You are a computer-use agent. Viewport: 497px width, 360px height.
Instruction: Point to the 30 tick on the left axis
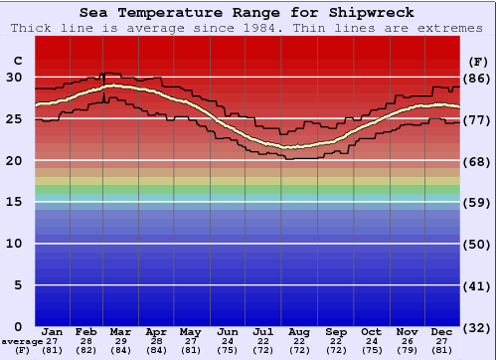pyautogui.click(x=14, y=77)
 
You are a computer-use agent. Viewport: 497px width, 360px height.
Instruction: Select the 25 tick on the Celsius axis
pyautogui.click(x=14, y=118)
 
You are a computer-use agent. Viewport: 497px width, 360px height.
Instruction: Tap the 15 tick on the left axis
pyautogui.click(x=14, y=202)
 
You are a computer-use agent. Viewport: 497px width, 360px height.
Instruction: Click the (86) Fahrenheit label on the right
pyautogui.click(x=476, y=78)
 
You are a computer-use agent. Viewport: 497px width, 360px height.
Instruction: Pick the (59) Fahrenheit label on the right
pyautogui.click(x=476, y=203)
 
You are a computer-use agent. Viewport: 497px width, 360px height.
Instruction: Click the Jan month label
pyautogui.click(x=53, y=331)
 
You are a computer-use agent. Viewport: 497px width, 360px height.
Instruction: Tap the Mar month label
pyautogui.click(x=121, y=331)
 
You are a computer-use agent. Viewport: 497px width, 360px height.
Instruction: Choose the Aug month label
pyautogui.click(x=299, y=331)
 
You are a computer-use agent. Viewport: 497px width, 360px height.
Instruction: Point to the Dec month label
pyautogui.click(x=442, y=331)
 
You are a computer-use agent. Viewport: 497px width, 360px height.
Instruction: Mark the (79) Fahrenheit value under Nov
pyautogui.click(x=407, y=349)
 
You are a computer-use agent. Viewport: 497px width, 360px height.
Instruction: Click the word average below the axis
pyautogui.click(x=21, y=341)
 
